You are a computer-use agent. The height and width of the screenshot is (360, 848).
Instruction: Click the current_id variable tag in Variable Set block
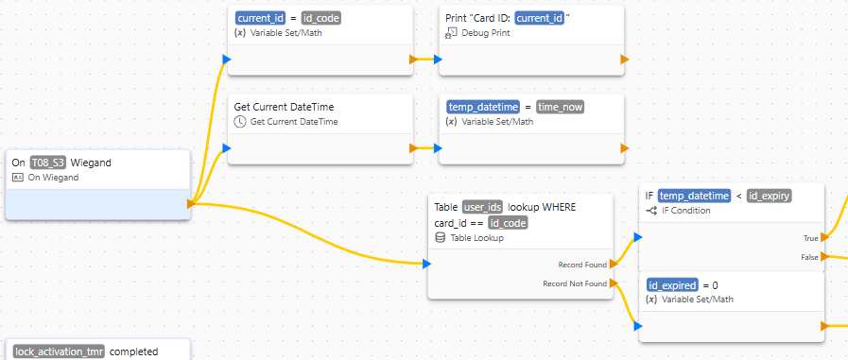(260, 18)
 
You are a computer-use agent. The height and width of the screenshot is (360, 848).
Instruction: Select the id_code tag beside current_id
(320, 18)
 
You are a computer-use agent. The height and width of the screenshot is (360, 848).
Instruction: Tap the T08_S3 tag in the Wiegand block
(48, 163)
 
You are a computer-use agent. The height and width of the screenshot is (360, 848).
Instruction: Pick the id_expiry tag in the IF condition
(769, 196)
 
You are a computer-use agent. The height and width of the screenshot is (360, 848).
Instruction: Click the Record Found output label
(582, 264)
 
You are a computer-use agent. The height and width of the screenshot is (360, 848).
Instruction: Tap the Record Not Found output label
(575, 283)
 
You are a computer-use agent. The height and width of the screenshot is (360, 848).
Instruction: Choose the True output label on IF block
(810, 238)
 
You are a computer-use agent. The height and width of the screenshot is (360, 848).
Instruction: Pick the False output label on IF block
(809, 257)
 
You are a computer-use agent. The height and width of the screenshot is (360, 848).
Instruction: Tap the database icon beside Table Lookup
(440, 238)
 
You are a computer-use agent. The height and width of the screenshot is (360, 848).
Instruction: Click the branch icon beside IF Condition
(651, 211)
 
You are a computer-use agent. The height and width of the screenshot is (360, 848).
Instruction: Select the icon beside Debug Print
(451, 32)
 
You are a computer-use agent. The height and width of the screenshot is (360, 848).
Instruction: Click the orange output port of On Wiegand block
(192, 203)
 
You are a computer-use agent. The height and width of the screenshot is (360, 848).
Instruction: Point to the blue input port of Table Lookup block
(426, 265)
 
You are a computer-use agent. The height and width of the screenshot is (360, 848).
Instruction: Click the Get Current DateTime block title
(284, 107)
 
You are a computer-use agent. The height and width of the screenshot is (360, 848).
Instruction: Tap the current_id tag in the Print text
(540, 18)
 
